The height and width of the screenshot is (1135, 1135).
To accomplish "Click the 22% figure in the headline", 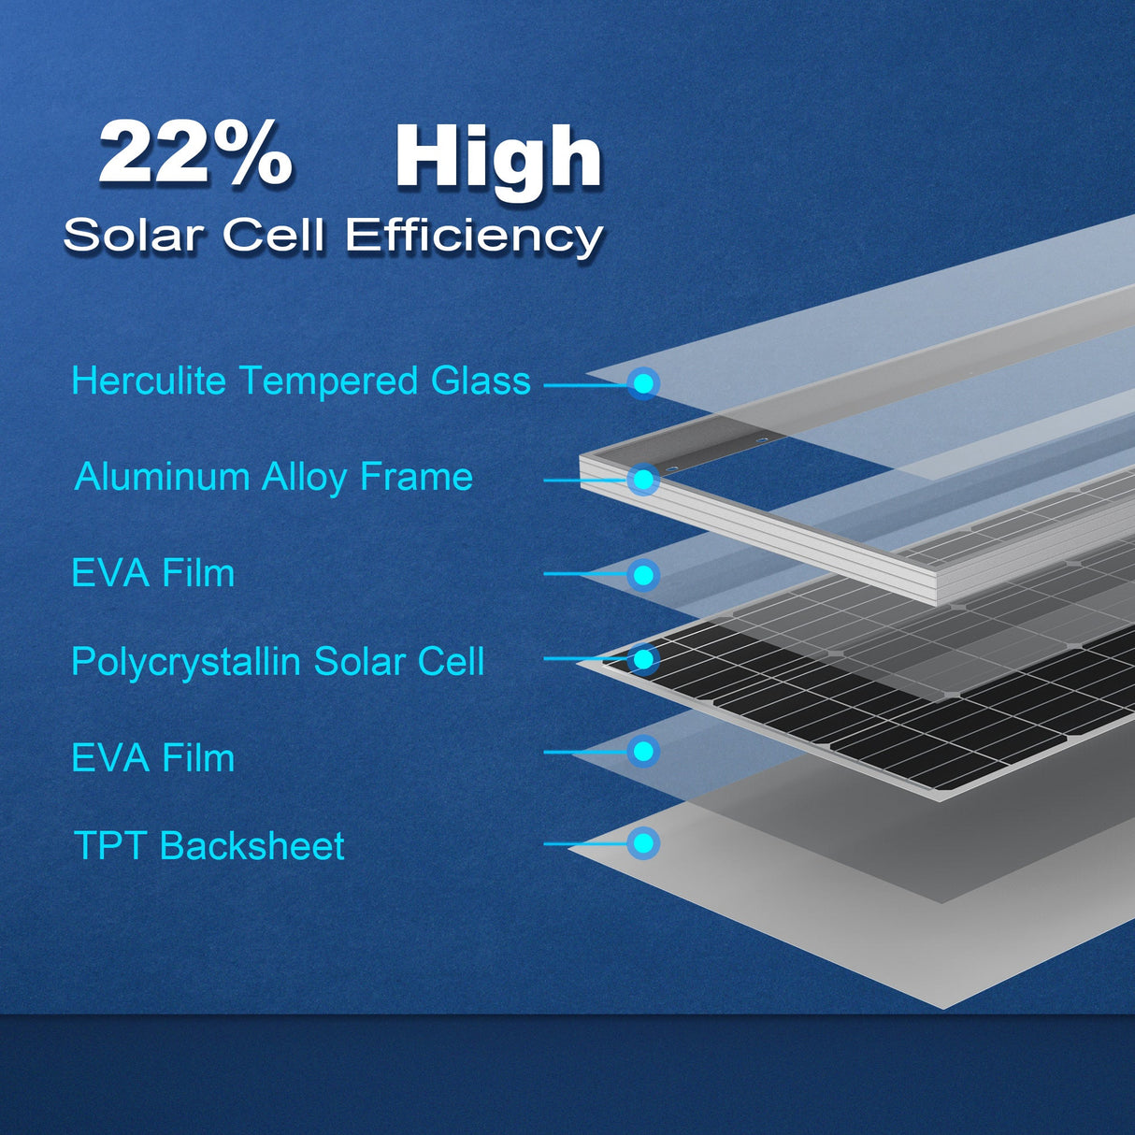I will [x=195, y=153].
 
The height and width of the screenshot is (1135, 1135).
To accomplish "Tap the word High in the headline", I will [x=498, y=158].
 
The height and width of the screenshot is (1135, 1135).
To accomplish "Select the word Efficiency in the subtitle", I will [x=474, y=236].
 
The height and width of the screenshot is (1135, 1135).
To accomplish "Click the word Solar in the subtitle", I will [x=134, y=235].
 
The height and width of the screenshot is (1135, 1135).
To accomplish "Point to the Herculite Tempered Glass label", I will [x=301, y=381].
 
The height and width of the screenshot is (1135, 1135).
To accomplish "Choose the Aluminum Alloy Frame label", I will [x=274, y=477].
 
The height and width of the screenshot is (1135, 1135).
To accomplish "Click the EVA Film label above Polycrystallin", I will [x=153, y=573].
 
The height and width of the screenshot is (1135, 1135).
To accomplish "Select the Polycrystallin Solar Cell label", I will [x=278, y=662].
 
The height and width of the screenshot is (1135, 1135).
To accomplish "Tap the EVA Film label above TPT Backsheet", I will [x=153, y=757].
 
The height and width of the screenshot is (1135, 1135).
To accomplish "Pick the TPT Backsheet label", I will [x=209, y=846].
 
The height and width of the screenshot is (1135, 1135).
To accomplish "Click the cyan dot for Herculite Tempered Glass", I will [x=643, y=383].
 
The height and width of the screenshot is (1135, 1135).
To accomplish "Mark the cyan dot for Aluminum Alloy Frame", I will [x=643, y=480].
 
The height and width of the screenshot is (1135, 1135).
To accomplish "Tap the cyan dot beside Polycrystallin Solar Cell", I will [x=643, y=659].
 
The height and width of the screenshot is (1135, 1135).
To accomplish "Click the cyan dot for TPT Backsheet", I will [x=643, y=843].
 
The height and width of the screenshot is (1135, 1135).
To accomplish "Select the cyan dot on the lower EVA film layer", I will [x=643, y=752].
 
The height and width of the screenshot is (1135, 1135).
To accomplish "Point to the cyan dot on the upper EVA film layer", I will [x=643, y=574].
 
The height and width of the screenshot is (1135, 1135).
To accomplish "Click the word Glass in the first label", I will [x=481, y=381].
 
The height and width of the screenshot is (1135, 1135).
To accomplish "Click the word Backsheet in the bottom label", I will [x=252, y=846].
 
